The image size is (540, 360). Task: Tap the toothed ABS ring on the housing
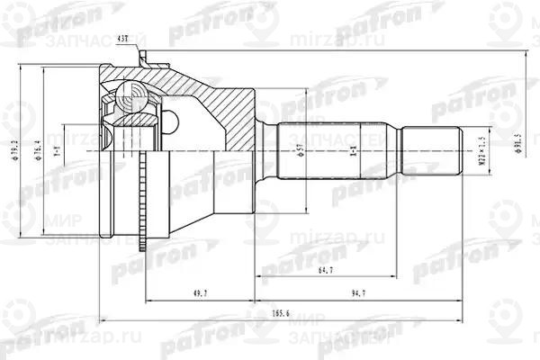tap(143, 199)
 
